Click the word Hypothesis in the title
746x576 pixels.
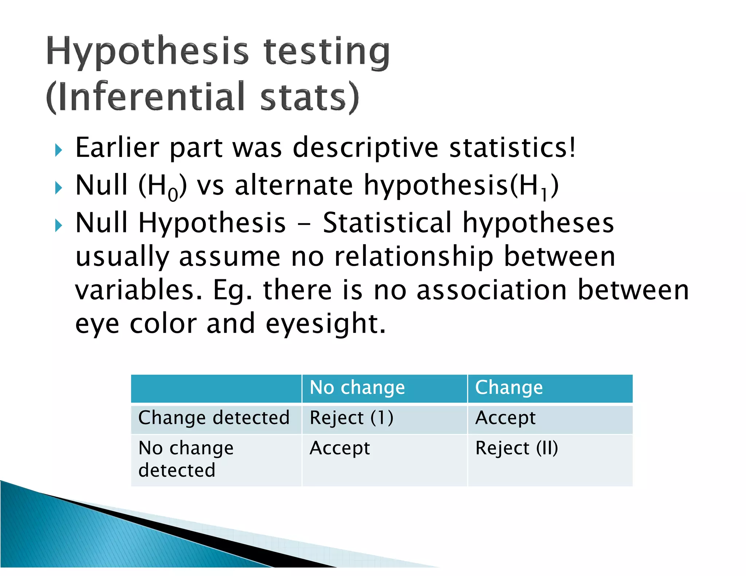(148, 51)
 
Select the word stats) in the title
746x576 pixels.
(310, 96)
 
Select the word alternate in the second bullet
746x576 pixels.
(294, 185)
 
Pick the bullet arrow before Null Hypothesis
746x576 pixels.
(59, 225)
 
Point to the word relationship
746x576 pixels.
(414, 257)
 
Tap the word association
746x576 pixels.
(491, 290)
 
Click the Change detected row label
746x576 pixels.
(214, 418)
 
